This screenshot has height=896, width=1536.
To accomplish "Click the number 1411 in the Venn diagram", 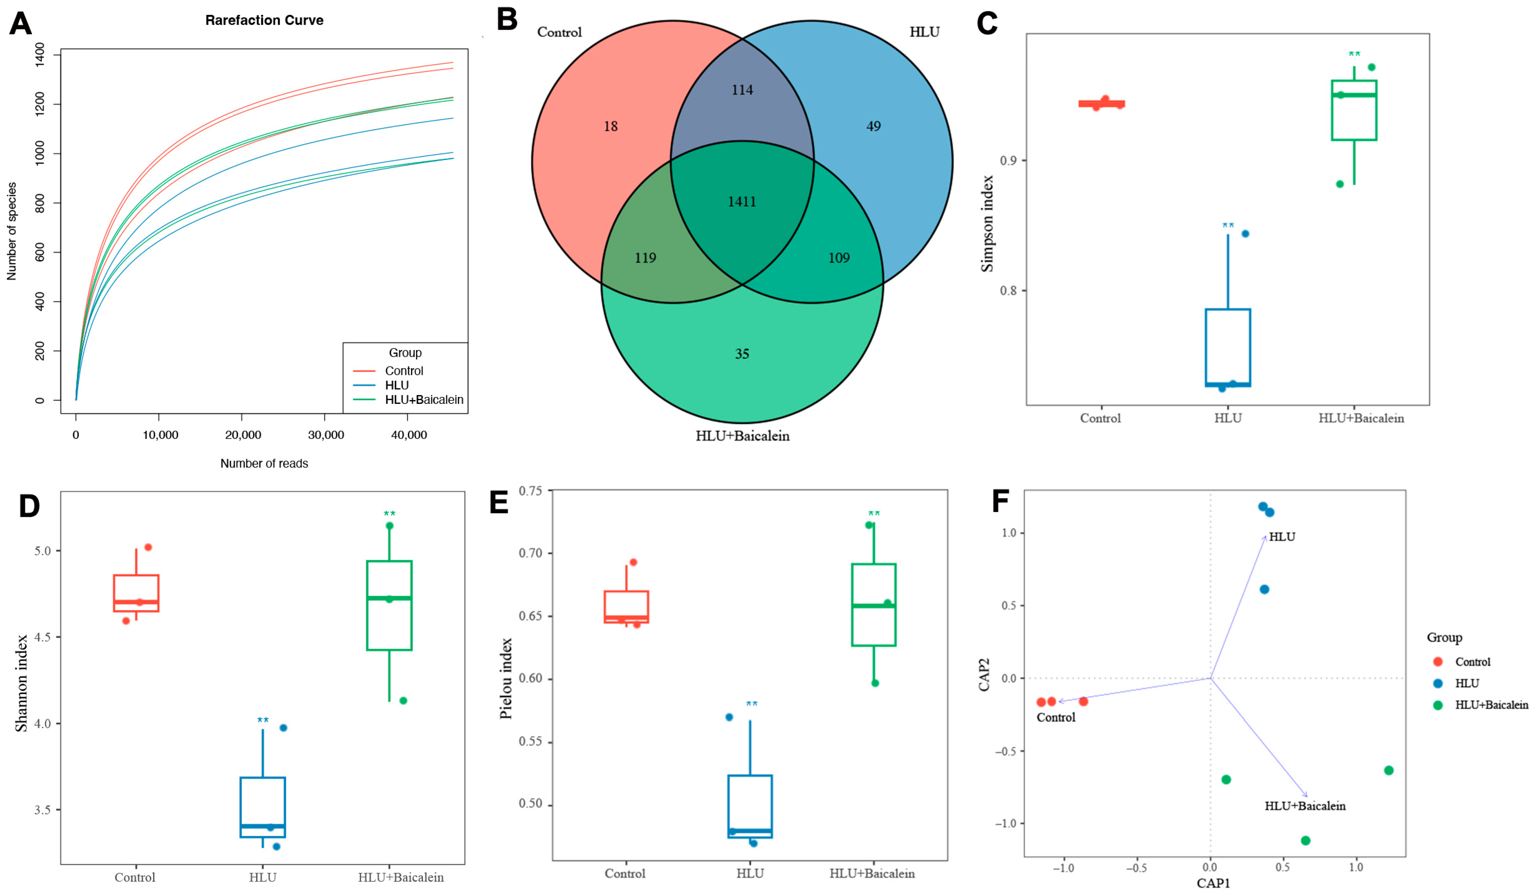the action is [x=742, y=201].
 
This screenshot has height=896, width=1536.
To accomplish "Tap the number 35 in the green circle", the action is [x=742, y=354].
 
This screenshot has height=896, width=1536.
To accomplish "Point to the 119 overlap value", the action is [x=646, y=258].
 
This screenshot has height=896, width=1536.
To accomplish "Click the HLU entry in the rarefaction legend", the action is [x=397, y=385].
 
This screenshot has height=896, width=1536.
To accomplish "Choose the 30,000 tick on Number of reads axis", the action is [x=325, y=435].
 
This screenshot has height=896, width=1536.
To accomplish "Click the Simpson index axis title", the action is [x=987, y=223].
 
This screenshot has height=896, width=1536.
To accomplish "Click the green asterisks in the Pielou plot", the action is [x=874, y=514].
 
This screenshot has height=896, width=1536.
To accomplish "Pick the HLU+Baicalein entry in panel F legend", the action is [x=1491, y=705].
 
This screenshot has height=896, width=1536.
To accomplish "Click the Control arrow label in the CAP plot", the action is [x=1056, y=717].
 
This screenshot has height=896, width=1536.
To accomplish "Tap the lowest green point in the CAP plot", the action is [x=1306, y=840].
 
